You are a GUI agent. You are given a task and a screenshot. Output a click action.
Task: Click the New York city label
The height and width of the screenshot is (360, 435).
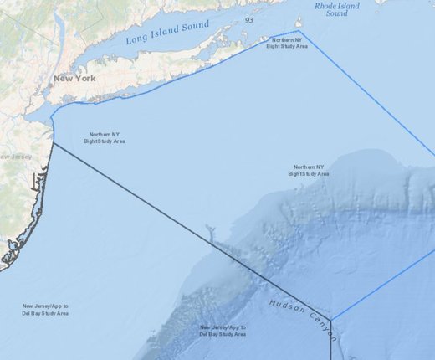pyautogui.click(x=74, y=79)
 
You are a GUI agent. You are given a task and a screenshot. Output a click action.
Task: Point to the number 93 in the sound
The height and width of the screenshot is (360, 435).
pyautogui.click(x=249, y=20)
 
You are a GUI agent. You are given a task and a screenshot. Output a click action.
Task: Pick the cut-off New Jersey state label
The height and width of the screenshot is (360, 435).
pyautogui.click(x=15, y=157)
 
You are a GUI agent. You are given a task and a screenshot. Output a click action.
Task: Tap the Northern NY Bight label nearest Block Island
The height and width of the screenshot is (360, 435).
pyautogui.click(x=287, y=43)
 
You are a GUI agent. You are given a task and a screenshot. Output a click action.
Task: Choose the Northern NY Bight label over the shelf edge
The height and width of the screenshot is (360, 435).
pyautogui.click(x=309, y=171)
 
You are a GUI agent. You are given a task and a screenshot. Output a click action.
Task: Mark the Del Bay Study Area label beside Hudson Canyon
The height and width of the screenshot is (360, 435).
pyautogui.click(x=223, y=331)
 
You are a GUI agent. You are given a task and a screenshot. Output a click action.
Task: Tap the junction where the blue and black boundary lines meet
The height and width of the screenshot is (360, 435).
pyautogui.click(x=332, y=321)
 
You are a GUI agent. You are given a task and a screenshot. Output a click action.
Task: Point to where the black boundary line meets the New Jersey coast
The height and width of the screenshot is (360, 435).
pyautogui.click(x=54, y=143)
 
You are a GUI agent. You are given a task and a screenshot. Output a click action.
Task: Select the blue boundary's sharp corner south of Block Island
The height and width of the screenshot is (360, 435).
pyautogui.click(x=299, y=33)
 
